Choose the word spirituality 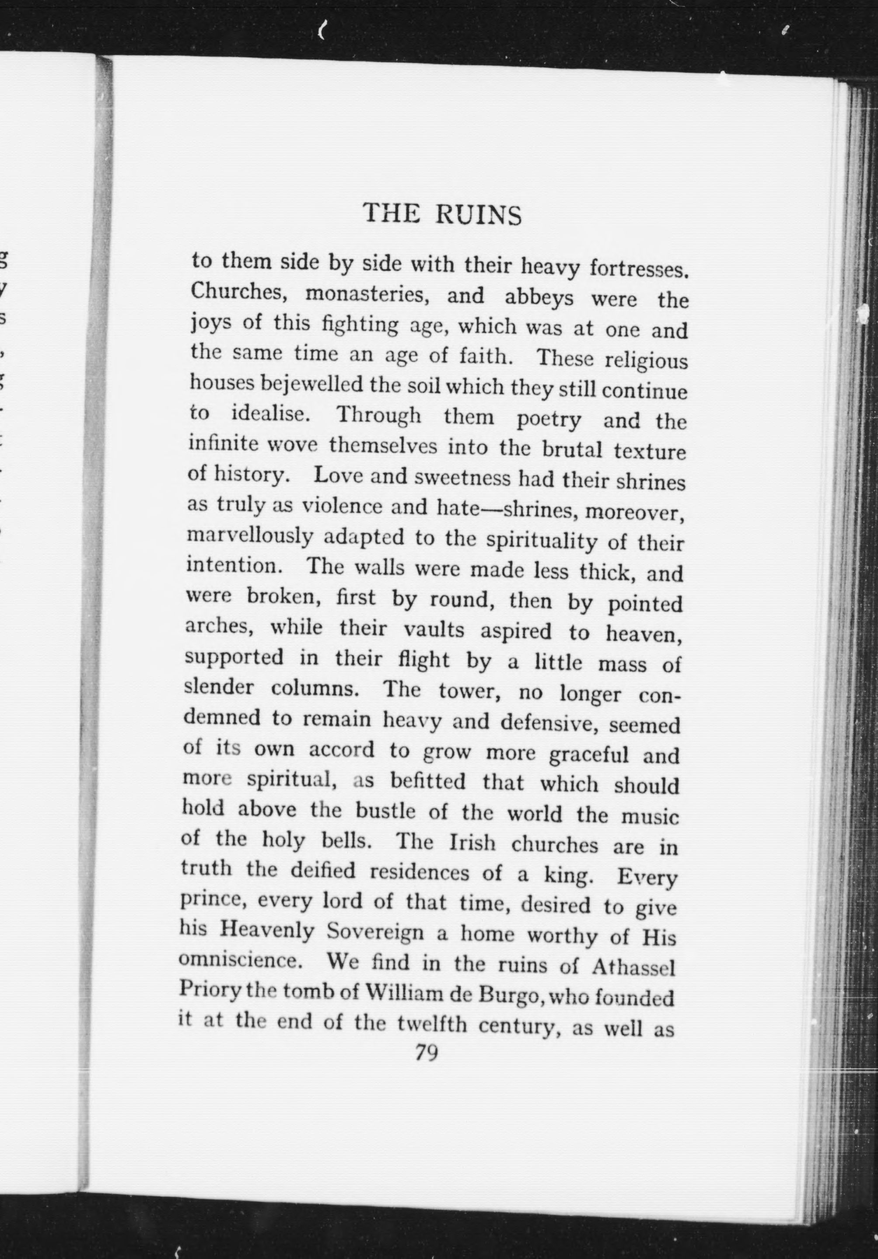pyautogui.click(x=542, y=542)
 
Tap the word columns pyautogui.click(x=315, y=688)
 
